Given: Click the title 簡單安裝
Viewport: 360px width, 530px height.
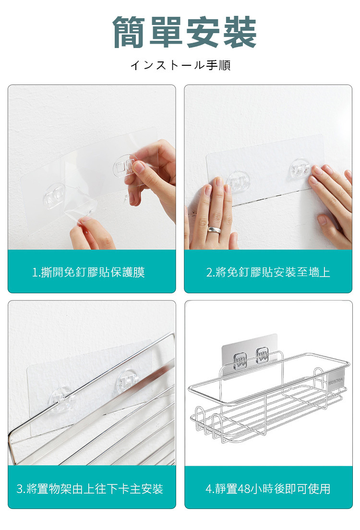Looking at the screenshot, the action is click(x=185, y=32).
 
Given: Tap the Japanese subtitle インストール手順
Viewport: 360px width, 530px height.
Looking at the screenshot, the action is click(x=180, y=65).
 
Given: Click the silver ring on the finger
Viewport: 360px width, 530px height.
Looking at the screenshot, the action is click(x=214, y=230).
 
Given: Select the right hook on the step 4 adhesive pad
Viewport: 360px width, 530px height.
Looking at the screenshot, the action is click(x=262, y=355).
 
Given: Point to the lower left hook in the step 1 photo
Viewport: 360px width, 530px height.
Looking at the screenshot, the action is click(x=54, y=196).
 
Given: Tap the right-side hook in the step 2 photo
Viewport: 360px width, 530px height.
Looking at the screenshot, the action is click(x=300, y=169).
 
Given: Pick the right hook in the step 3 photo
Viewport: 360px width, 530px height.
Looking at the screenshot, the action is click(x=128, y=380).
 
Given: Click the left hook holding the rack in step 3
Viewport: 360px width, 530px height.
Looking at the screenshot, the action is click(x=62, y=399).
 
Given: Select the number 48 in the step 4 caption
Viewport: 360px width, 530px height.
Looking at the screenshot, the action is click(x=243, y=489).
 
